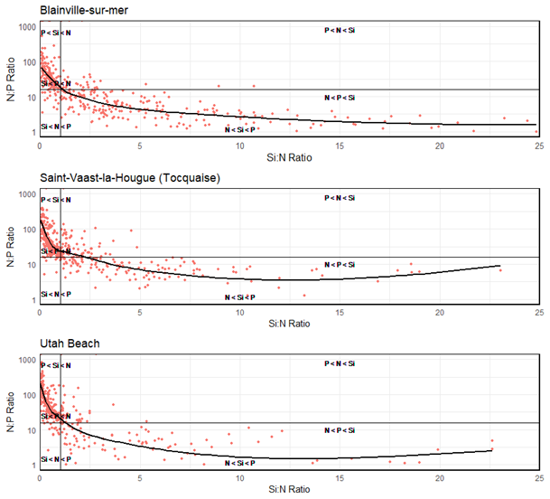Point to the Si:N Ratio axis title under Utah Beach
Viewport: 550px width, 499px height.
pos(289,488)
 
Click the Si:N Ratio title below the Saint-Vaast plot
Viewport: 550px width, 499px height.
pos(289,322)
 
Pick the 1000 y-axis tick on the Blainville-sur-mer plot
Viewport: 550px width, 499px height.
pos(27,28)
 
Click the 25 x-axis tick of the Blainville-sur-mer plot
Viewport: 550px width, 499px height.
pos(538,145)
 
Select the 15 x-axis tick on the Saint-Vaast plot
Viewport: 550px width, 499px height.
pos(339,312)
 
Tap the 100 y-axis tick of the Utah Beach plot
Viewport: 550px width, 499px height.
pos(29,395)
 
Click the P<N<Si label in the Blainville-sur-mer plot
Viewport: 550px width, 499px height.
pos(340,31)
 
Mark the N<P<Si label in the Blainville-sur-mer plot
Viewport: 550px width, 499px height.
pos(340,98)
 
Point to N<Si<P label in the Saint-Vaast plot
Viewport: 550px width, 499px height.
pos(239,297)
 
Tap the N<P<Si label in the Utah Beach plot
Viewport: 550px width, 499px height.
pos(340,430)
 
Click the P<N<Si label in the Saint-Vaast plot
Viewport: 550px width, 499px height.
pos(340,198)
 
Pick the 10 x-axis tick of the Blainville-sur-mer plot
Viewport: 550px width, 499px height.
pos(239,145)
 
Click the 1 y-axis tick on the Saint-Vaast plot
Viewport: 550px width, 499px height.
pos(33,299)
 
